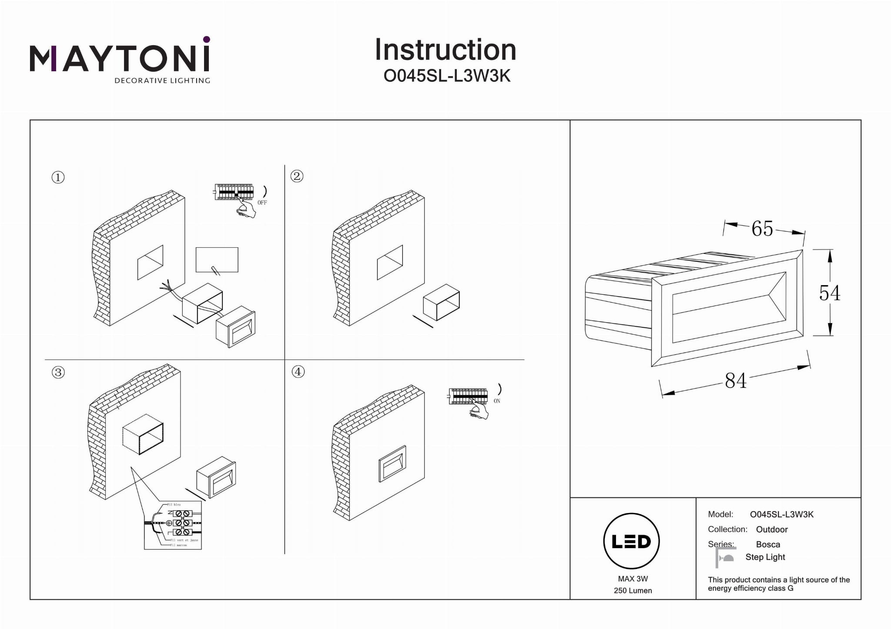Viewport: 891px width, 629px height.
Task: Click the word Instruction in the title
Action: pos(445,50)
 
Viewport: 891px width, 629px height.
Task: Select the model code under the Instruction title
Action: pos(447,76)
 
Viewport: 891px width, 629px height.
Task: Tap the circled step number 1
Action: pos(58,177)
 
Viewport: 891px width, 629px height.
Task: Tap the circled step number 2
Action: pos(297,176)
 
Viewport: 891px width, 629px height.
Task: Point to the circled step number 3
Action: pos(58,372)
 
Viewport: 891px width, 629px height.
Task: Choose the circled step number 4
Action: pos(298,372)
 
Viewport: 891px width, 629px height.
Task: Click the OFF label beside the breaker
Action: pos(262,203)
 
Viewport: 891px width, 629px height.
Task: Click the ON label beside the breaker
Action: pos(497,401)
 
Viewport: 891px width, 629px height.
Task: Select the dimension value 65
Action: pos(762,229)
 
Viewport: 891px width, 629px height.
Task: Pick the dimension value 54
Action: pos(829,293)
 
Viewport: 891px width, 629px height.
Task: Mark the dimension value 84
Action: pos(736,381)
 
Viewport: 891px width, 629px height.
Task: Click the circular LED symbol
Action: pos(631,541)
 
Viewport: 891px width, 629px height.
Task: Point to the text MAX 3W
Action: pos(633,579)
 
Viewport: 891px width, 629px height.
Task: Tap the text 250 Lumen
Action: pos(633,590)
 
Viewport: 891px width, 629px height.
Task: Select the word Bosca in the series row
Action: pos(768,544)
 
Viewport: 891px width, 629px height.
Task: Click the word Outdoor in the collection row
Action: pos(772,529)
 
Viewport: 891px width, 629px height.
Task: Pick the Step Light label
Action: pos(765,557)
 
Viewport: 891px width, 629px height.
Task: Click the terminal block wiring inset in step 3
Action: pos(173,525)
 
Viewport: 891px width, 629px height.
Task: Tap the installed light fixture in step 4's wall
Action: pos(392,464)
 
